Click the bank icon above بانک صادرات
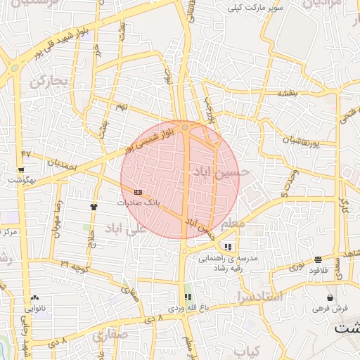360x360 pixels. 138,191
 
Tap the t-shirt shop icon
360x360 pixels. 93,207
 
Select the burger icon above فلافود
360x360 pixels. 319,259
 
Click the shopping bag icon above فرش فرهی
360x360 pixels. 330,298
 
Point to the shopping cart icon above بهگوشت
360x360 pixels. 22,170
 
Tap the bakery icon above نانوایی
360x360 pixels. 34,298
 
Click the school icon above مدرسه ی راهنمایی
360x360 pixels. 228,247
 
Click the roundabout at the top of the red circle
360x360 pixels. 185,128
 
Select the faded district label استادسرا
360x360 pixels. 260,296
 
